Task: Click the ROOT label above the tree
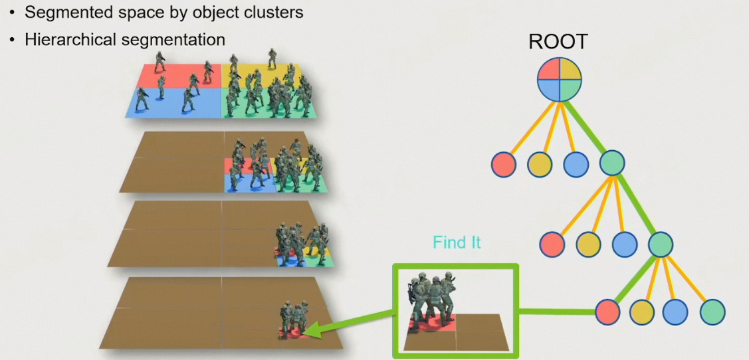point(558,42)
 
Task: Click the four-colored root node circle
point(560,78)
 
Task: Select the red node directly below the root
point(504,163)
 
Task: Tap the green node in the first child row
point(611,163)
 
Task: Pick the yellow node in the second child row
point(588,243)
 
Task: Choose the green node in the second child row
point(661,243)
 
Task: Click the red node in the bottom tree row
point(607,311)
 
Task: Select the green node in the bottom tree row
point(712,311)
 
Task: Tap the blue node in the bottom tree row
point(675,311)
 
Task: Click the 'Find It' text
point(457,242)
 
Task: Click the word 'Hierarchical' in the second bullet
point(68,39)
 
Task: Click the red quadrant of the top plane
point(176,75)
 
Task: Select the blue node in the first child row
point(576,163)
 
